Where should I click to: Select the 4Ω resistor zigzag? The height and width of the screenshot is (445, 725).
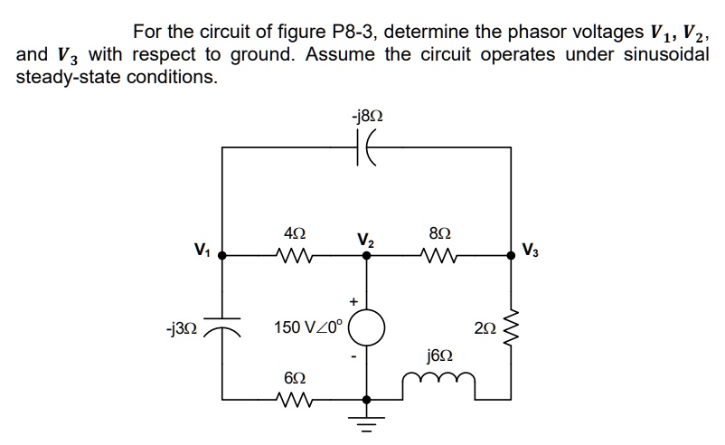pos(295,256)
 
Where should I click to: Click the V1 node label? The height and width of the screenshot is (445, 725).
pos(202,249)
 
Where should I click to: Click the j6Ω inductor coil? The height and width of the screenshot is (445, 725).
pos(437,391)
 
